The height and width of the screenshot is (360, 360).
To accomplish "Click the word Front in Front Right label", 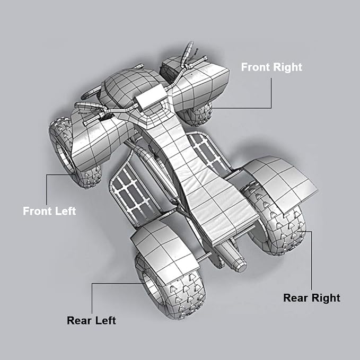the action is tap(256, 67).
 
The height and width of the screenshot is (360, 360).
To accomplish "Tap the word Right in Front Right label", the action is tap(288, 67).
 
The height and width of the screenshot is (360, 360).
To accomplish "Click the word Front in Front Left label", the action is tap(38, 211).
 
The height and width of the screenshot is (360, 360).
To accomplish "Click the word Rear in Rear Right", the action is tap(295, 298).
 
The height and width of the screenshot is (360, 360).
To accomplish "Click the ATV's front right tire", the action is tap(197, 115).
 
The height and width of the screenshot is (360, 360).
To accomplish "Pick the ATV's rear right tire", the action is tap(276, 221).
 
